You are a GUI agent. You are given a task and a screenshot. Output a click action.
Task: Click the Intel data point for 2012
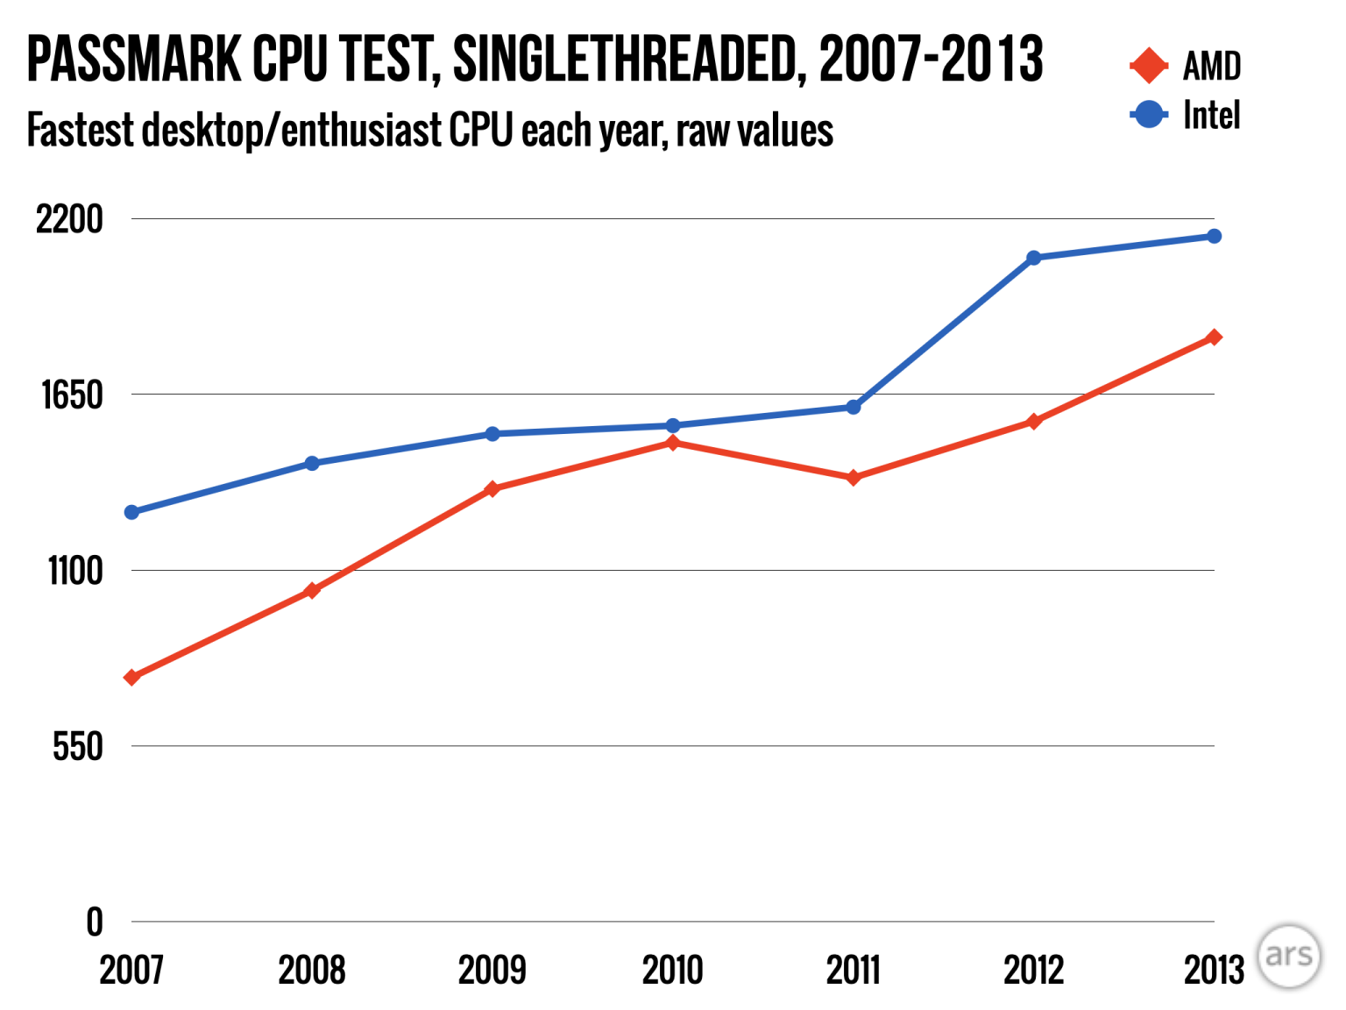[x=1033, y=258]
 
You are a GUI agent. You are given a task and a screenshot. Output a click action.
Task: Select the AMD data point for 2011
[x=854, y=478]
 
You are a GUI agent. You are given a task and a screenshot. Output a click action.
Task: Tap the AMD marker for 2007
[x=132, y=678]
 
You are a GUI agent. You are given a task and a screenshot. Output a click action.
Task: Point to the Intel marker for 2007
[x=132, y=512]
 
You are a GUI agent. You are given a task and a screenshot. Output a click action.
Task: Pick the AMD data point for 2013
[x=1214, y=338]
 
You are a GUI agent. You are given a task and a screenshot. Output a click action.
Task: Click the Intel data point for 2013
[x=1214, y=237]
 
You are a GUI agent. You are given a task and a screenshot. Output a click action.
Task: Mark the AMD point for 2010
[x=673, y=443]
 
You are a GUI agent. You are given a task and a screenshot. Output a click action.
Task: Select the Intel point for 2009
[x=492, y=434]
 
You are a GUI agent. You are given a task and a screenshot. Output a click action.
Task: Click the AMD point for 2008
[x=312, y=591]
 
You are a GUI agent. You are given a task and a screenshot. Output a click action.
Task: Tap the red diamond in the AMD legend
[x=1148, y=66]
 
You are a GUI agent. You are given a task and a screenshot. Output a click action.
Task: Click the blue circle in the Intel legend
[x=1148, y=115]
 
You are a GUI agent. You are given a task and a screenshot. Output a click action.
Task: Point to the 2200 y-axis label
[x=69, y=219]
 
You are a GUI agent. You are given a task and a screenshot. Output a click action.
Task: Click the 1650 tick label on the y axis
[x=72, y=395]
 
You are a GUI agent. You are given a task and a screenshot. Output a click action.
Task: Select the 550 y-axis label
[x=77, y=747]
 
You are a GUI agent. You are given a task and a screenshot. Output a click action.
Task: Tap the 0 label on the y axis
[x=94, y=922]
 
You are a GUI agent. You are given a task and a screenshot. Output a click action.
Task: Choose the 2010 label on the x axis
[x=673, y=971]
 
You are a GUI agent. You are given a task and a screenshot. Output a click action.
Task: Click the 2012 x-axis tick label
[x=1033, y=971]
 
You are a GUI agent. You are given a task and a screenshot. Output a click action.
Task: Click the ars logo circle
[x=1288, y=956]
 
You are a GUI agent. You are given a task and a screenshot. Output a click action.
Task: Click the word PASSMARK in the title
[x=134, y=60]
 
